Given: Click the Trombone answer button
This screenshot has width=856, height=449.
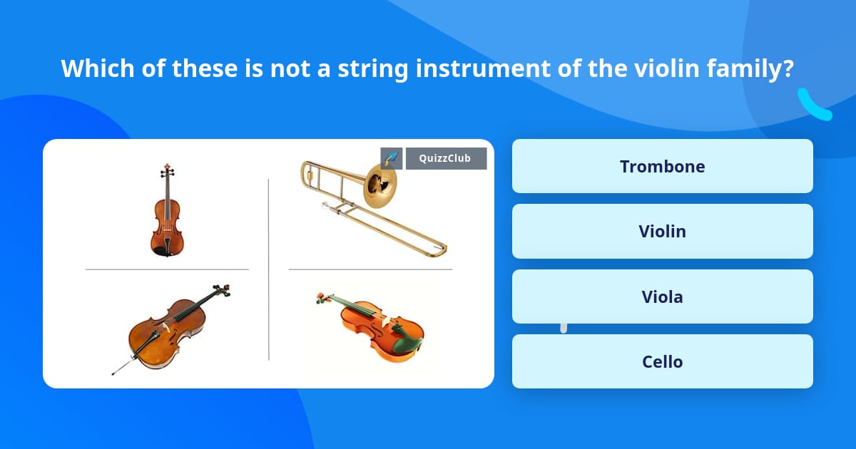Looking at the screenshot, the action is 662,166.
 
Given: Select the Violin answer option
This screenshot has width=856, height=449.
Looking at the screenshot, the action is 662,232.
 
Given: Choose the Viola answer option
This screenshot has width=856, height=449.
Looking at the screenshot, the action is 662,296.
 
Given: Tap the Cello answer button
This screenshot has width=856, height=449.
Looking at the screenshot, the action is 662,361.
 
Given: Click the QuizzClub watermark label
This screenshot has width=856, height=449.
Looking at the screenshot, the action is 446,158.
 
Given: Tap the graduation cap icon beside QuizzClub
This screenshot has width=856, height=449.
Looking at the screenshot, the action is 392,158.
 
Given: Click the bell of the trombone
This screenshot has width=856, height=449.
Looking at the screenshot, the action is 379,186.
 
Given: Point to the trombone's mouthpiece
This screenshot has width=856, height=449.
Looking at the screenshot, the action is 325,205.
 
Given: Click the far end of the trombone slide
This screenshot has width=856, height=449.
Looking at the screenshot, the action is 443,249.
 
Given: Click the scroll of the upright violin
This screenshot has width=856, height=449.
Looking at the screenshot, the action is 167,167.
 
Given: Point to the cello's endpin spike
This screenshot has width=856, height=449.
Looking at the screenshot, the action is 122,366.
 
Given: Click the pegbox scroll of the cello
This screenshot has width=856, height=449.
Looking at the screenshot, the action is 223,290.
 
